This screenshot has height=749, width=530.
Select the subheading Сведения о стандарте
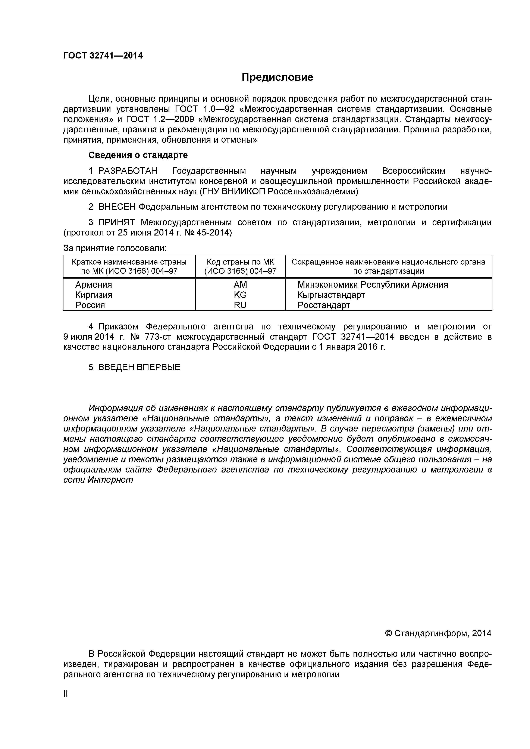(138, 155)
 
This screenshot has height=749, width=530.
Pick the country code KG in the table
(240, 295)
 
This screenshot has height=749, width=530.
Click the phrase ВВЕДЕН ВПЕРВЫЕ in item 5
(139, 367)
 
